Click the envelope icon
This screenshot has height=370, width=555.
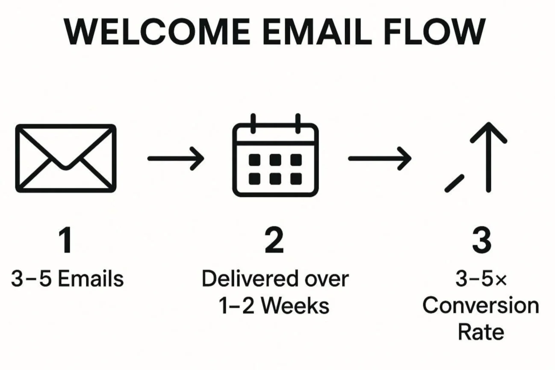pyautogui.click(x=65, y=158)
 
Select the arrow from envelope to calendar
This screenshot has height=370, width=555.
pyautogui.click(x=175, y=158)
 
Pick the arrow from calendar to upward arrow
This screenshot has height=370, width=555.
pyautogui.click(x=379, y=158)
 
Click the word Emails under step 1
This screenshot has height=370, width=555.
pyautogui.click(x=90, y=279)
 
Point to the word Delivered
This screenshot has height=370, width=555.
pyautogui.click(x=250, y=279)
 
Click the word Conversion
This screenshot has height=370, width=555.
pyautogui.click(x=481, y=305)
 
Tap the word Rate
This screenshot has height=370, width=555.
pyautogui.click(x=481, y=332)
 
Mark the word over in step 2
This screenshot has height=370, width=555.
pyautogui.click(x=328, y=279)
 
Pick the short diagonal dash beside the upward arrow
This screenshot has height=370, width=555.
pyautogui.click(x=455, y=183)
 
